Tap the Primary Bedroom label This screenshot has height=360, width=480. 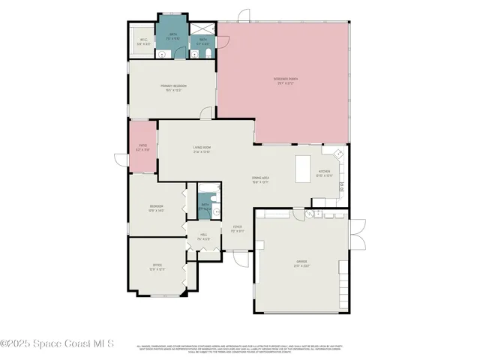(173, 88)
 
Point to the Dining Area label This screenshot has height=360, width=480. (260, 179)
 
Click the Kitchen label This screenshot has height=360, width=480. (324, 173)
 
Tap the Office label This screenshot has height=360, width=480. (157, 266)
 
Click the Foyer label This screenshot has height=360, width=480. (237, 229)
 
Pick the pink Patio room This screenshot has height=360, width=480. (142, 147)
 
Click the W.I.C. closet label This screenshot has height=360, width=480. (144, 43)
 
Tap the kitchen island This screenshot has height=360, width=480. (304, 169)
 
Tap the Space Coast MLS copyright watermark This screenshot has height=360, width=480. (57, 343)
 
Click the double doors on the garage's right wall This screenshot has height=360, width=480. (358, 233)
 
